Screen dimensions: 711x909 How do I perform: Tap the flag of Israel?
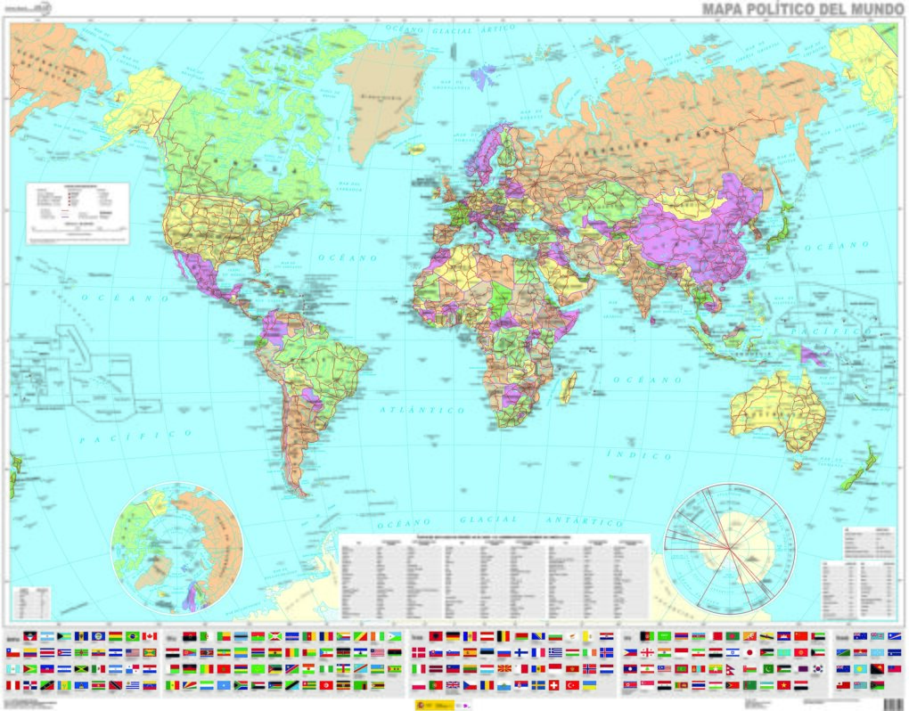[x=697, y=652]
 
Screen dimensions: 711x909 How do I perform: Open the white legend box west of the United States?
[x=78, y=212]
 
